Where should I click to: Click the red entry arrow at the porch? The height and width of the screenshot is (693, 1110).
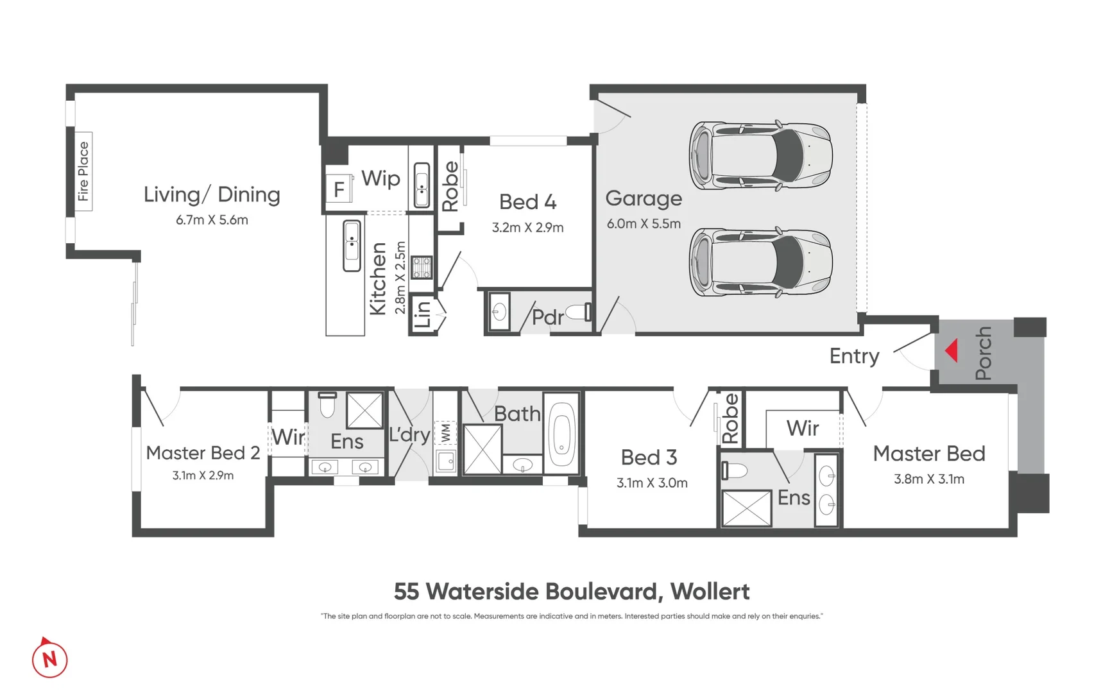pos(952,350)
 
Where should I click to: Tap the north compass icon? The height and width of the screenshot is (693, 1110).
pos(49,658)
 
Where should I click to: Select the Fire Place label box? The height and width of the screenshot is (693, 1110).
pos(83,171)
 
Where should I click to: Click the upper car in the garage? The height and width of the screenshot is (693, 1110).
pos(760,156)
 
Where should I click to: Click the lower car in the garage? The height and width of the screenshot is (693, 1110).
pos(760,262)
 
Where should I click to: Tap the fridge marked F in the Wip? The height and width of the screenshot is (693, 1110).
pos(339,189)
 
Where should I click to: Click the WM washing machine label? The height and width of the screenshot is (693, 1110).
pos(445,433)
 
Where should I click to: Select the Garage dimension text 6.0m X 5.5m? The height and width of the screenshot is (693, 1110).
pos(644,224)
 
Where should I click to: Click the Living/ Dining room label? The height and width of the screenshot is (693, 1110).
pos(212,194)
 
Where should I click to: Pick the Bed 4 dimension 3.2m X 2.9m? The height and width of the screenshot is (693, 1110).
pos(527,228)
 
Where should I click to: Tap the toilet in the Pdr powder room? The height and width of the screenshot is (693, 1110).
pos(579,312)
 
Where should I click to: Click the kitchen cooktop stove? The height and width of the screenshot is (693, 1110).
pos(422,267)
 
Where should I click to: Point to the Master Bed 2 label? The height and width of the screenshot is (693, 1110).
pos(203,453)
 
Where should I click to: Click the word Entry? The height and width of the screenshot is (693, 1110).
pos(854,356)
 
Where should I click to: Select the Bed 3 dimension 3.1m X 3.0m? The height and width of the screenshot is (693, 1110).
pos(652,483)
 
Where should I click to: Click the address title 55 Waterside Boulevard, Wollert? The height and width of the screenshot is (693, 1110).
pos(571,592)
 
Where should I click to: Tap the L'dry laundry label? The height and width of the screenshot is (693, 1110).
pos(409,434)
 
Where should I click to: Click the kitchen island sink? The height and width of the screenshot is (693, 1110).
pos(352,246)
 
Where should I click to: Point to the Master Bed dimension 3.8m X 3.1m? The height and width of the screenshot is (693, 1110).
pos(928,479)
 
